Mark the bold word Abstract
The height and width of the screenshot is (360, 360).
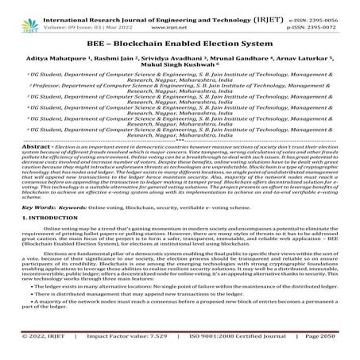[x=23, y=147]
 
